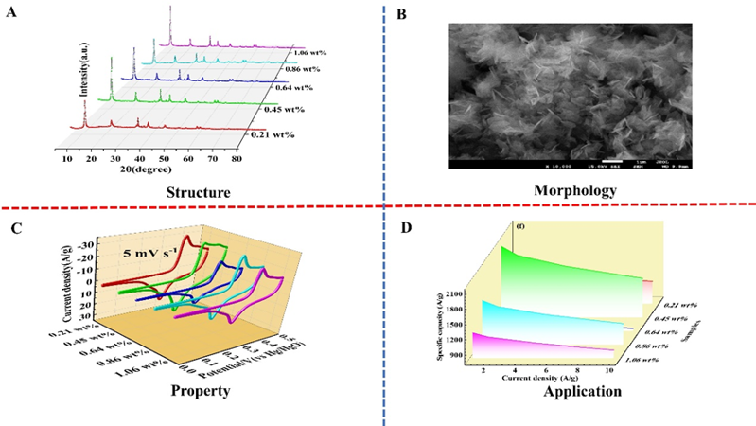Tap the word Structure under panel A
click(x=199, y=192)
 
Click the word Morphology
click(x=571, y=190)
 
